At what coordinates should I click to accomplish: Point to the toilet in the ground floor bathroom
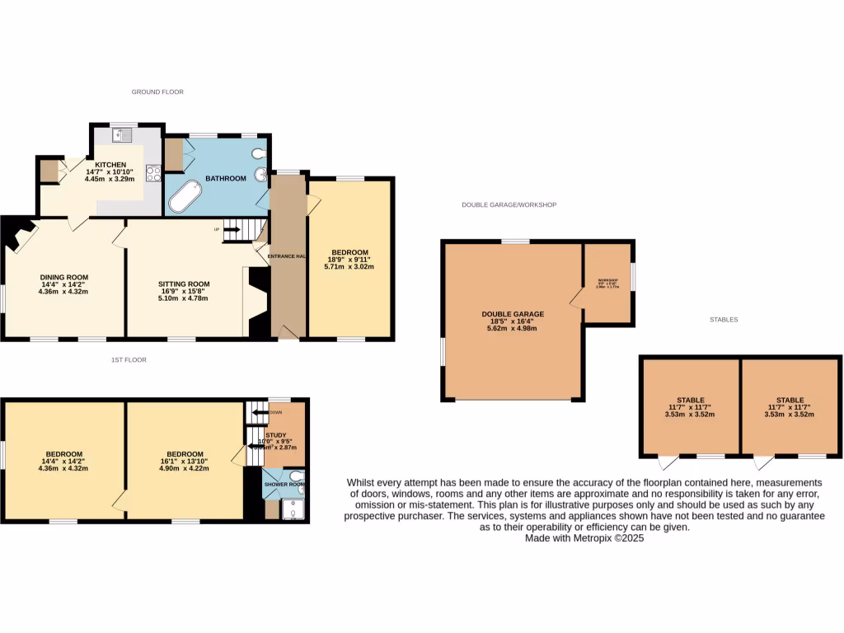pyautogui.click(x=260, y=153)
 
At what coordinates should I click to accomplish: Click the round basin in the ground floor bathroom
pyautogui.click(x=261, y=174)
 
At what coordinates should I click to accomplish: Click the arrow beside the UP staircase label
pyautogui.click(x=231, y=229)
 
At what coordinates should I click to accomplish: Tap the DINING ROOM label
pyautogui.click(x=64, y=277)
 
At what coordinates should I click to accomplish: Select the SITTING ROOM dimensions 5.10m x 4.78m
pyautogui.click(x=184, y=298)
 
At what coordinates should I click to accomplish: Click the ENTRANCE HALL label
pyautogui.click(x=287, y=257)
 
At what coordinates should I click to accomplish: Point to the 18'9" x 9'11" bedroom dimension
pyautogui.click(x=349, y=260)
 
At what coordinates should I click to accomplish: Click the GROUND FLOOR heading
pyautogui.click(x=157, y=91)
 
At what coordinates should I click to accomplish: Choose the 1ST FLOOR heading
pyautogui.click(x=129, y=359)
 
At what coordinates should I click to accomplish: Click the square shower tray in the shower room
pyautogui.click(x=292, y=510)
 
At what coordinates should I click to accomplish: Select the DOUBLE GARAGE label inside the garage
pyautogui.click(x=513, y=314)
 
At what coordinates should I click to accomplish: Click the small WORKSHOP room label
pyautogui.click(x=607, y=279)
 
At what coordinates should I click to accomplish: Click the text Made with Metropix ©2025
pyautogui.click(x=584, y=537)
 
